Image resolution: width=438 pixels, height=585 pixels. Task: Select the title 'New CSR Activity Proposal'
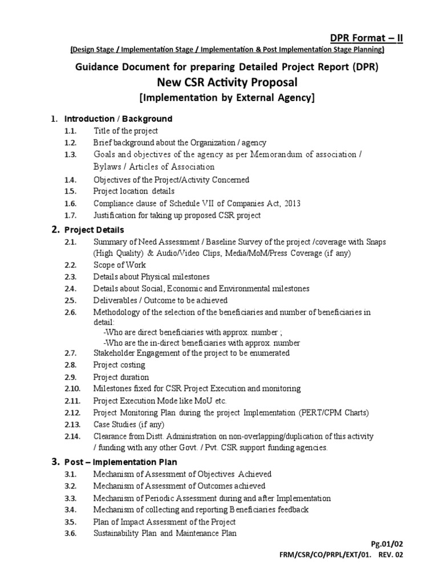[227, 82]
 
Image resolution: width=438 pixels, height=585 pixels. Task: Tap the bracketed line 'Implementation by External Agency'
[227, 98]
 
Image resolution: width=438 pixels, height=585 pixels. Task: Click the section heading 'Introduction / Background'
[118, 119]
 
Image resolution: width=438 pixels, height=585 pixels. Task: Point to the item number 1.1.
[70, 131]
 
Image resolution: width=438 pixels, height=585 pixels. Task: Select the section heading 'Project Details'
[94, 230]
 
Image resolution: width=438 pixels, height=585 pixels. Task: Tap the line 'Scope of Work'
[120, 265]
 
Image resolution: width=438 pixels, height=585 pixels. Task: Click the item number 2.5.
[70, 300]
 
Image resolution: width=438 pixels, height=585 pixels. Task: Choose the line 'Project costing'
[119, 364]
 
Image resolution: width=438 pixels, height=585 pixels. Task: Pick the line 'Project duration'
[121, 377]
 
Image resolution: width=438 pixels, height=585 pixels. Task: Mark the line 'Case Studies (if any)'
[129, 424]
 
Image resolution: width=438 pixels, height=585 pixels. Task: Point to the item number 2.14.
[72, 436]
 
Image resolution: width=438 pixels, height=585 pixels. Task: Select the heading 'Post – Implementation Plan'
[120, 462]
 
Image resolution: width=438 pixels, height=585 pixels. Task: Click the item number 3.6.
[70, 533]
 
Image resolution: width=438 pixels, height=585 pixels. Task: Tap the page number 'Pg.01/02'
[387, 544]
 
